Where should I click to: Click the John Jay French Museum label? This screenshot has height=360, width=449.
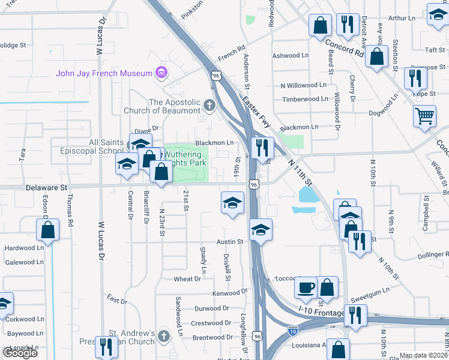(x=104, y=74)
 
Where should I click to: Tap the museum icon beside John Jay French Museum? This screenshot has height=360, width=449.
(x=160, y=74)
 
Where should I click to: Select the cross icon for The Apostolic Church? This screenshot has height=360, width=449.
(x=209, y=106)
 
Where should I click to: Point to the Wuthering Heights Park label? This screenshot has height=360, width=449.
(x=182, y=158)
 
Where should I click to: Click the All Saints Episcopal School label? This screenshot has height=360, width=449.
(x=89, y=146)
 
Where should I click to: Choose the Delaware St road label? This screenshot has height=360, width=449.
(x=46, y=188)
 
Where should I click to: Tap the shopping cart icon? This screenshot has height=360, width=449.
(x=424, y=115)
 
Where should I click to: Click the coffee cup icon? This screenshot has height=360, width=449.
(x=306, y=287)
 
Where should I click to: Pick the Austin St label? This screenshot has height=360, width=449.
(x=229, y=242)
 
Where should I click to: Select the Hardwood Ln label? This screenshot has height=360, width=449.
(x=24, y=248)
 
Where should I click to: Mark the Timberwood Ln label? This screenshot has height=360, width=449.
(x=306, y=98)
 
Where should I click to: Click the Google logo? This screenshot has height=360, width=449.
(x=20, y=353)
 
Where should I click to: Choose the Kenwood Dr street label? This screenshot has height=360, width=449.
(x=229, y=294)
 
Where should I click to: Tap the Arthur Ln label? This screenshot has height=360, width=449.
(x=402, y=19)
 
